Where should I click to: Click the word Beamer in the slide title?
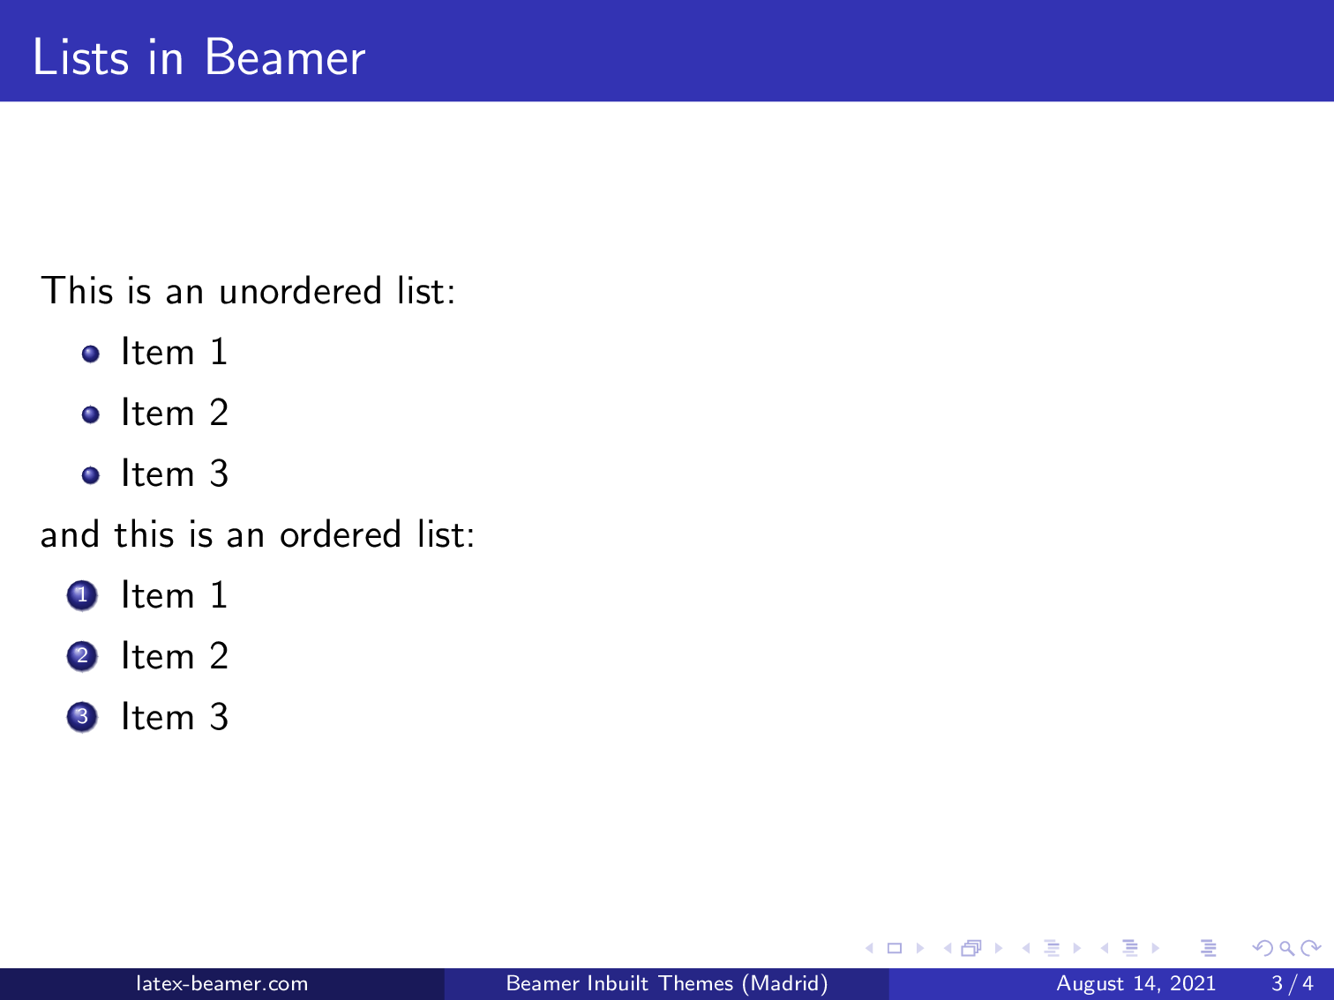[284, 58]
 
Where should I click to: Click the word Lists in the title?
[81, 58]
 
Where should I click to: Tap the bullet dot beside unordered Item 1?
[90, 354]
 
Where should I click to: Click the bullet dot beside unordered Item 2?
[90, 414]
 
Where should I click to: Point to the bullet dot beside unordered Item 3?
[90, 475]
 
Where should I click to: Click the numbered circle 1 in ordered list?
[82, 596]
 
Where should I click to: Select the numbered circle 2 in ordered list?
[82, 657]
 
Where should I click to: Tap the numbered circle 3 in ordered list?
[82, 718]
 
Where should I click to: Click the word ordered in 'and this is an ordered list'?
[341, 535]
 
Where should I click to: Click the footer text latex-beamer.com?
[221, 983]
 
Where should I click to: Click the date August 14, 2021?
[1135, 983]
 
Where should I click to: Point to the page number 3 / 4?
[1292, 983]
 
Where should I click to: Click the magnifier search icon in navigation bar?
[1286, 949]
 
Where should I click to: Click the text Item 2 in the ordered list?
[175, 657]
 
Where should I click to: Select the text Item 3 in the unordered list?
[175, 474]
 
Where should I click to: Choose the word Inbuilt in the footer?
[617, 983]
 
